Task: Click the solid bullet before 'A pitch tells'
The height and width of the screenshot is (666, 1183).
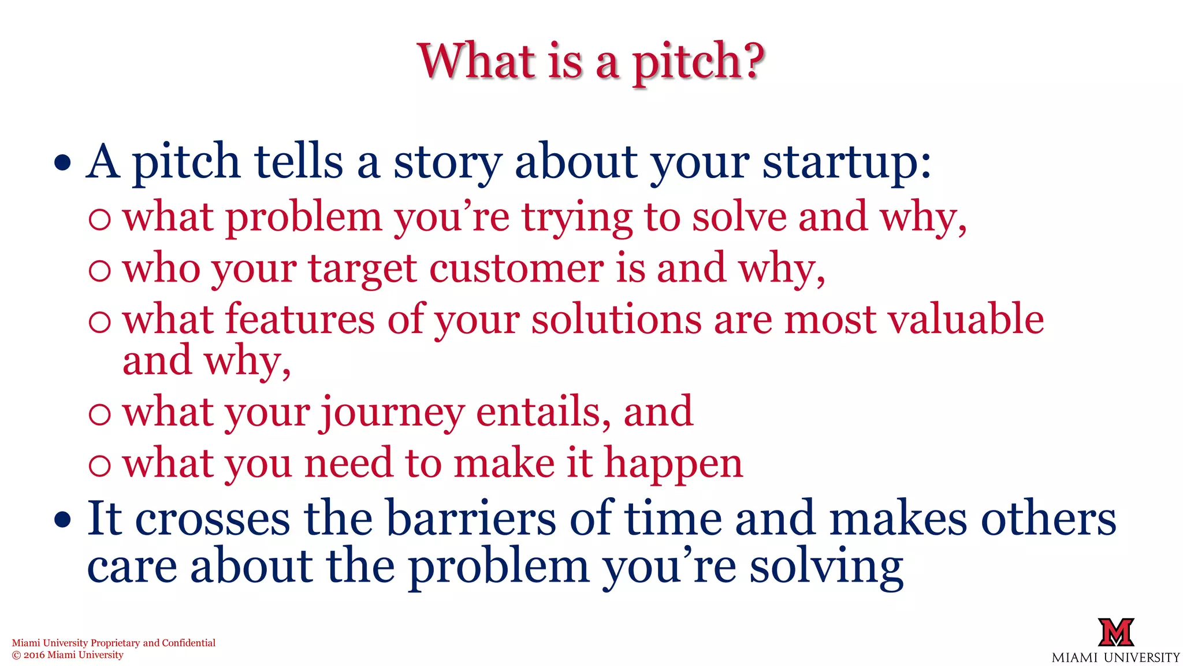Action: [x=62, y=163]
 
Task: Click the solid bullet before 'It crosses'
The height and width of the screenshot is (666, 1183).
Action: [x=62, y=520]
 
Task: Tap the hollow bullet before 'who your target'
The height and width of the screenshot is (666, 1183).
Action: [x=100, y=270]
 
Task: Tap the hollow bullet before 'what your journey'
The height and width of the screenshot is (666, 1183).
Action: [x=100, y=413]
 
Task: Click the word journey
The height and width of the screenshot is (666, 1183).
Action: [x=392, y=413]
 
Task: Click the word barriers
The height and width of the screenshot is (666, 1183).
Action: [x=470, y=519]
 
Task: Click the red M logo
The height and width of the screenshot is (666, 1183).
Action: [x=1115, y=632]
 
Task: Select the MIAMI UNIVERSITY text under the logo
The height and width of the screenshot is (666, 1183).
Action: [x=1115, y=657]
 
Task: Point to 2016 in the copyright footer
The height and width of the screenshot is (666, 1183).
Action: [x=34, y=655]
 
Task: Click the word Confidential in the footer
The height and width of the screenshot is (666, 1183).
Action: [x=188, y=643]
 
